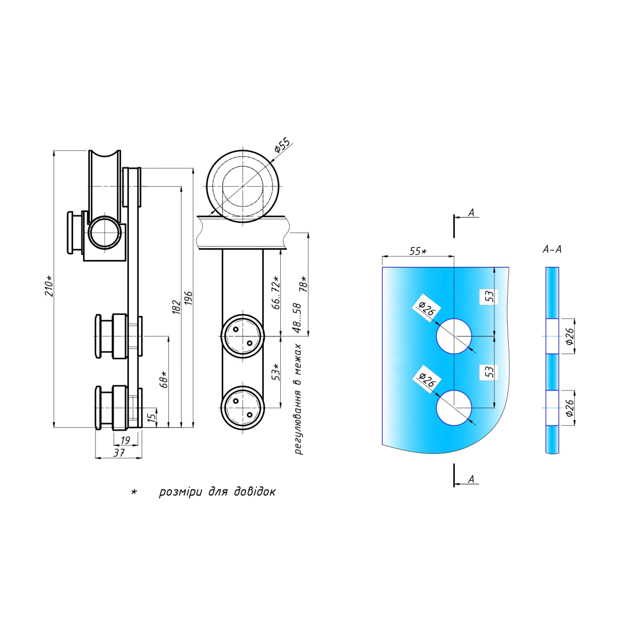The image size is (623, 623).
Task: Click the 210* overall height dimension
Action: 48,286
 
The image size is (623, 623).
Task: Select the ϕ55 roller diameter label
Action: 282,144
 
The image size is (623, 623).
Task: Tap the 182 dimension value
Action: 175,307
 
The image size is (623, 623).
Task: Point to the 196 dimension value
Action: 188,298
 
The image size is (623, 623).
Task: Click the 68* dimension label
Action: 164,379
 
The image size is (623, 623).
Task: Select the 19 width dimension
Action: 125,440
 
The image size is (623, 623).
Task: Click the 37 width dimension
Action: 119,453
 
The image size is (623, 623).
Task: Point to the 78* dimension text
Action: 304,284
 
